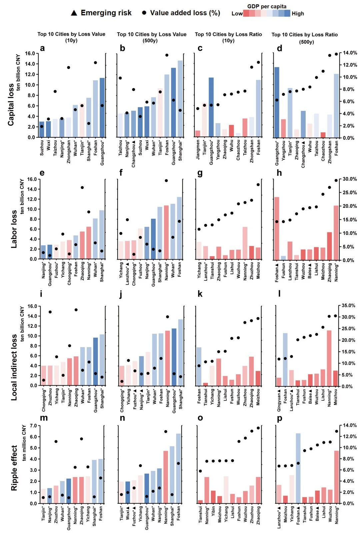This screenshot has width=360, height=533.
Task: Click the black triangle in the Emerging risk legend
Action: tap(74, 13)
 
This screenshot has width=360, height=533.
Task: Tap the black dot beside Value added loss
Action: tap(144, 13)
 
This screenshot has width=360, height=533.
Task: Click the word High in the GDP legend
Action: tap(298, 14)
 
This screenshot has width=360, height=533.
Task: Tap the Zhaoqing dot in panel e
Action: tap(82, 188)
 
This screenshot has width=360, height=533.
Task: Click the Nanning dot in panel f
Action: tap(166, 181)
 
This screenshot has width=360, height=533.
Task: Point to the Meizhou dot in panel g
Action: tap(258, 185)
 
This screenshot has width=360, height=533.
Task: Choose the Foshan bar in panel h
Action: tap(277, 229)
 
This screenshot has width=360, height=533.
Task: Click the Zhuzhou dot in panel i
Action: tap(50, 312)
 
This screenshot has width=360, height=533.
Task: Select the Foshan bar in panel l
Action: tap(285, 360)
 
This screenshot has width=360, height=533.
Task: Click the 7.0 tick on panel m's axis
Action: tap(33, 426)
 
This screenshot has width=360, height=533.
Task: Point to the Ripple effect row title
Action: tap(14, 468)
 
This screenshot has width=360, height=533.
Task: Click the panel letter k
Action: tap(200, 294)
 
